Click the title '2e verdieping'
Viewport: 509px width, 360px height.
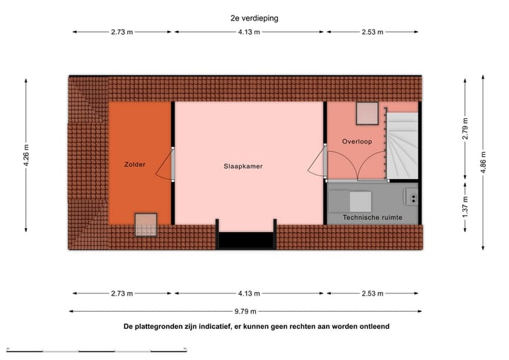pos(254,19)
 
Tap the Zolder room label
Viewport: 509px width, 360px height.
pos(134,165)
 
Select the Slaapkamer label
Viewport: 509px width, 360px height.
pos(244,167)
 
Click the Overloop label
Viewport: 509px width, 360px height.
pos(357,141)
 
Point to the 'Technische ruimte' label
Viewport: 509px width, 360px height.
pos(371,217)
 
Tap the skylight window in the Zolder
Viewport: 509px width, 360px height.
pos(146,225)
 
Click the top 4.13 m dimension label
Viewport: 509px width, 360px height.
pos(250,32)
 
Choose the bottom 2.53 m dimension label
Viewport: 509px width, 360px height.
pos(371,294)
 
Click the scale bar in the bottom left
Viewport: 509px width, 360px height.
pos(97,349)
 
